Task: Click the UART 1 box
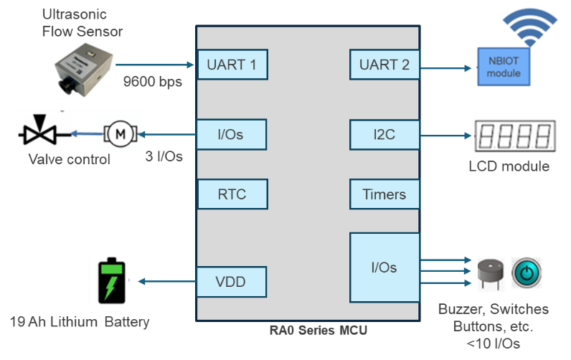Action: point(232,65)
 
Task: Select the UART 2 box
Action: point(384,65)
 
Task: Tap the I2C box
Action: point(384,134)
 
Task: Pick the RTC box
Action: point(232,194)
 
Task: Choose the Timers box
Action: point(384,194)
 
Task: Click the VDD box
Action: point(232,282)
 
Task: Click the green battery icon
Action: point(110,281)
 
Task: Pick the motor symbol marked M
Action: point(121,133)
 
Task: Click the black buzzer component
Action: point(491,273)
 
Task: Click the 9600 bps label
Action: point(153,81)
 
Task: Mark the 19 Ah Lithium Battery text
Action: point(80,322)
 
